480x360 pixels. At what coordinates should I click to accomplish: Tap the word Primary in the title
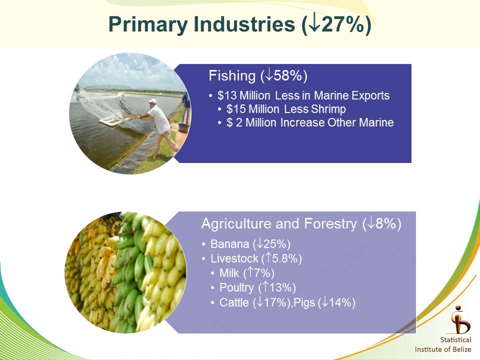148,25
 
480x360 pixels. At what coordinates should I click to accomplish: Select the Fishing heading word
232,76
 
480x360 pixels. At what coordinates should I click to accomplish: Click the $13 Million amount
243,95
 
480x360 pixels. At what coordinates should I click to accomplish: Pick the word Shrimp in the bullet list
328,109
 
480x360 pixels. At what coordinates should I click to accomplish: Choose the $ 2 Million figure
251,123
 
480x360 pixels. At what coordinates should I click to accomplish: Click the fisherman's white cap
152,101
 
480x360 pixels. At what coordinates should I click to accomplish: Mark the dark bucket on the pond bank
183,127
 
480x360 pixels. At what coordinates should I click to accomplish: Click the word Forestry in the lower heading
330,224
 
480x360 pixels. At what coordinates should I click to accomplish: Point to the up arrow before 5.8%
268,258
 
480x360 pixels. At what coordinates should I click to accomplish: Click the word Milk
229,273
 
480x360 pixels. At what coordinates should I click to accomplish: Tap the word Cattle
234,302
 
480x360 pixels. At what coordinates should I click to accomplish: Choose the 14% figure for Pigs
340,302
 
